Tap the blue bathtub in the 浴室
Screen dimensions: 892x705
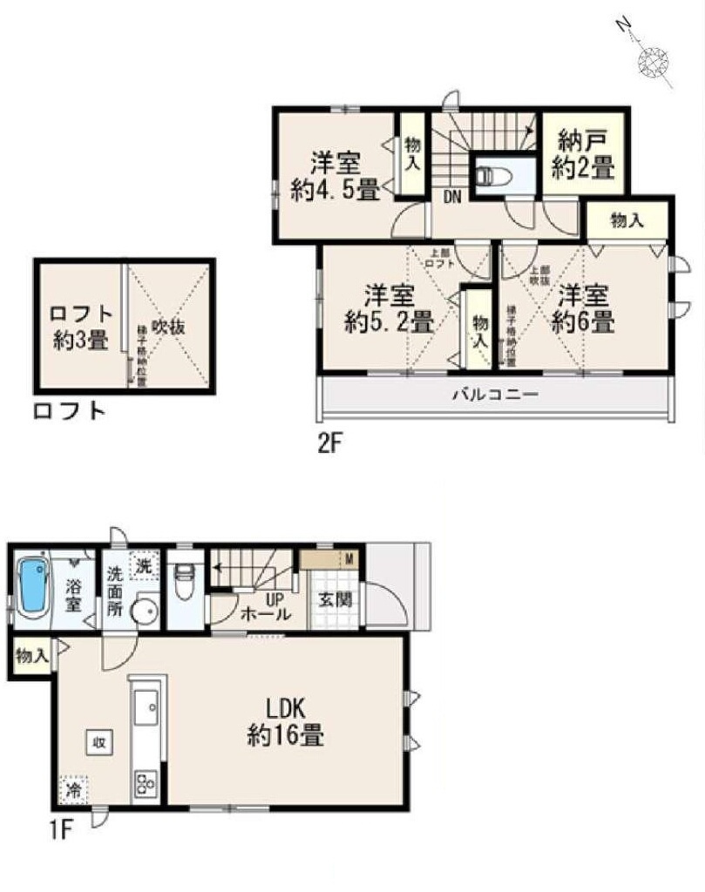click(32, 587)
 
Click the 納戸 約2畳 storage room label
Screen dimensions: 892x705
click(582, 153)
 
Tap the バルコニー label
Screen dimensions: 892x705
click(494, 395)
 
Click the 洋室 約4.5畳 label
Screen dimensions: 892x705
click(336, 177)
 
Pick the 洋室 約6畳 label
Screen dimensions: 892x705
click(582, 307)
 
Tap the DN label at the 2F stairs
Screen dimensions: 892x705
click(451, 197)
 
